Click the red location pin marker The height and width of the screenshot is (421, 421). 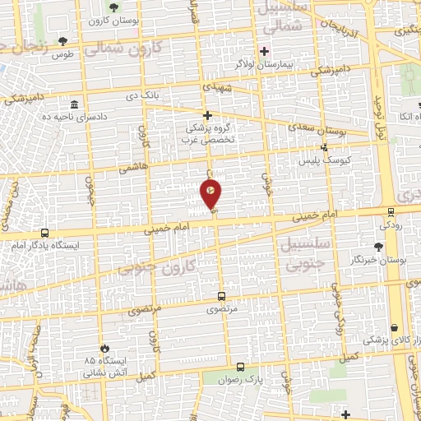[210, 194]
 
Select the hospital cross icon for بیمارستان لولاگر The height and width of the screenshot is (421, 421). [264, 50]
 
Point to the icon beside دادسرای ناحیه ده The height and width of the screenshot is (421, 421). [75, 105]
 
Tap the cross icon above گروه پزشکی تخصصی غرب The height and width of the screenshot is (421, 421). [208, 115]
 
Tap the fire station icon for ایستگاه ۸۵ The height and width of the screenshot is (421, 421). [104, 347]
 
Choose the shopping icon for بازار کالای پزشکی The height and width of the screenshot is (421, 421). [396, 327]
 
